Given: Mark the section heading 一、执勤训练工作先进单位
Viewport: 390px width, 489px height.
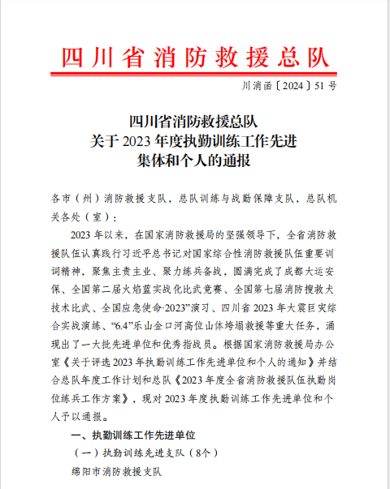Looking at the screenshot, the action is [x=130, y=436].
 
